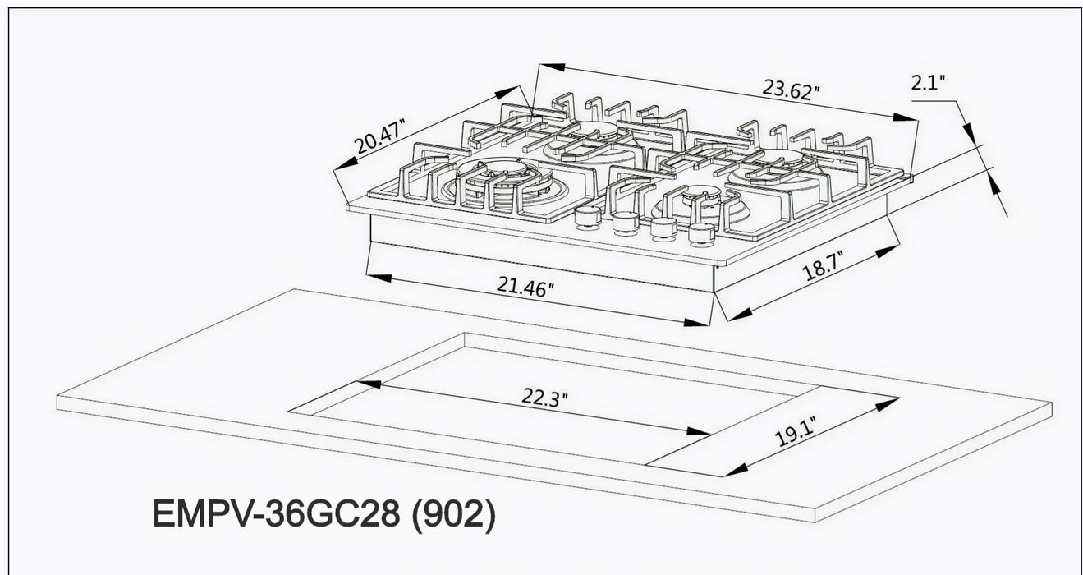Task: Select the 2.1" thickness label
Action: click(928, 82)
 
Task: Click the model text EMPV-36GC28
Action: click(276, 516)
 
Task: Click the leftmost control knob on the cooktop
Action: click(586, 217)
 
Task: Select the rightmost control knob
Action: click(701, 235)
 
